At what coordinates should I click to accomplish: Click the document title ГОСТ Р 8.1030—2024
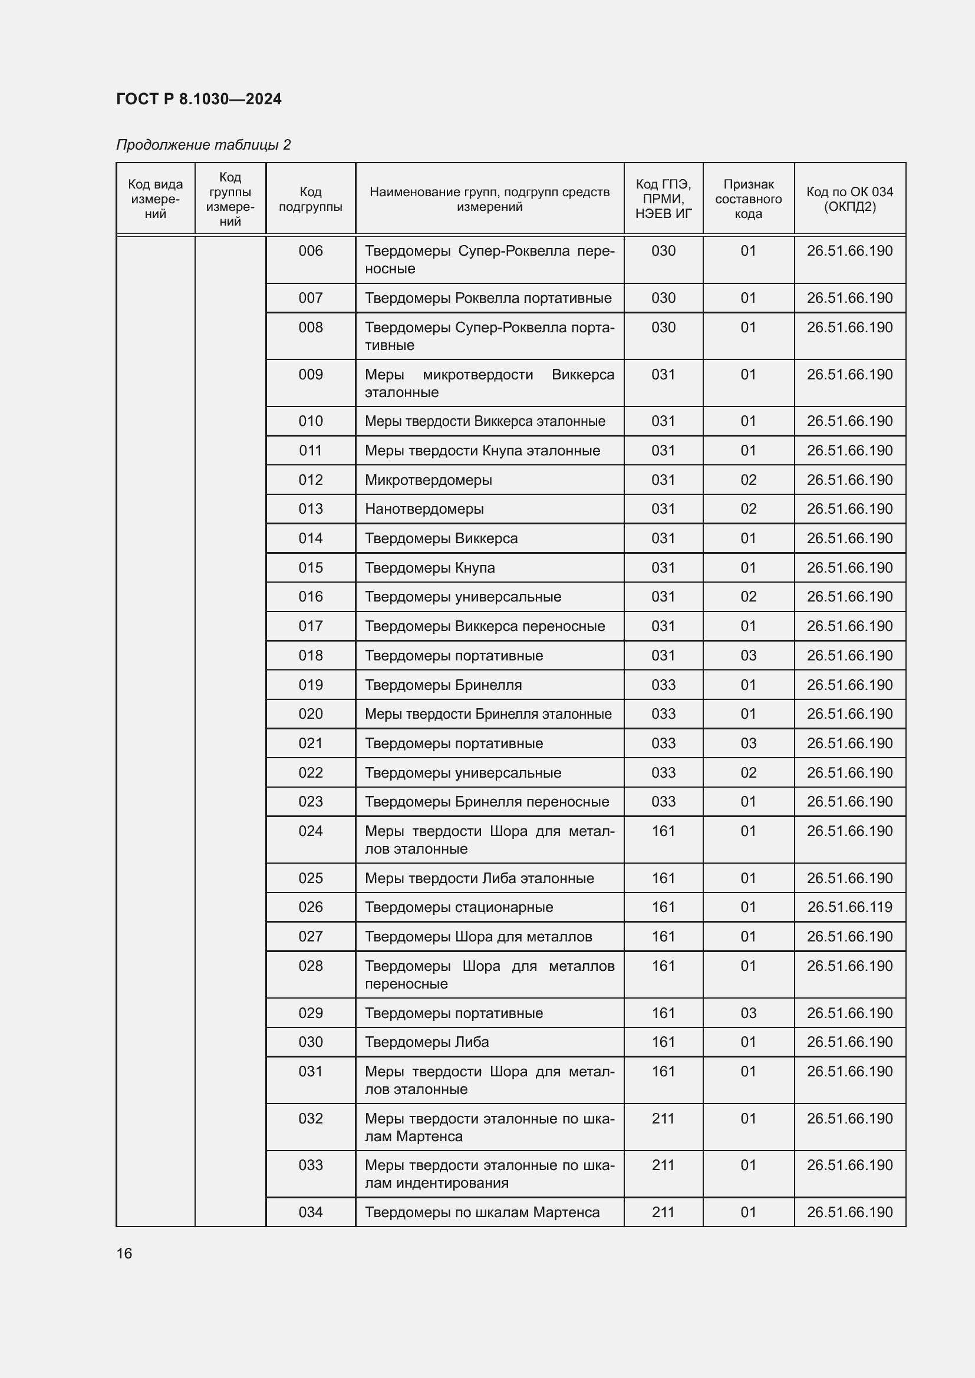199,99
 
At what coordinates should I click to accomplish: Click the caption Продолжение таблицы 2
203,145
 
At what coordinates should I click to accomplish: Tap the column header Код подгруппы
311,199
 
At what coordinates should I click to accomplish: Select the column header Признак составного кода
748,199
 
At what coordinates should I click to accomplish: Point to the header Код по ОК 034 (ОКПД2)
849,199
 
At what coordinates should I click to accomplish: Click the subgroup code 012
311,480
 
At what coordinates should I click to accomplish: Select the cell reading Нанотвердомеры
424,509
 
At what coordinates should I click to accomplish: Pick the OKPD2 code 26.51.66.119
849,907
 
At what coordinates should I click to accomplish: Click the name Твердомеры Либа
427,1042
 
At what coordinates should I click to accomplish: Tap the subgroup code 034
311,1212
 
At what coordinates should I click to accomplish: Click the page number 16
124,1253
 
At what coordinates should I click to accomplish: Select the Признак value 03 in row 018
748,655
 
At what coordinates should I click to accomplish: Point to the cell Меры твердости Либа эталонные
479,878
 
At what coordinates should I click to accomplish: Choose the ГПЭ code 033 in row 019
663,685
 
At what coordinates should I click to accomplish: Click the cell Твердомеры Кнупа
430,568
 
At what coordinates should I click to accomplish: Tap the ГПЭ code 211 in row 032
663,1118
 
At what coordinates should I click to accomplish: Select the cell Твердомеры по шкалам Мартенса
482,1212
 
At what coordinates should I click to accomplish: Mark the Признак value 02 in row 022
748,772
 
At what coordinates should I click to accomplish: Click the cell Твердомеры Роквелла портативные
488,298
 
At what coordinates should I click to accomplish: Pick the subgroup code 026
311,907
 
